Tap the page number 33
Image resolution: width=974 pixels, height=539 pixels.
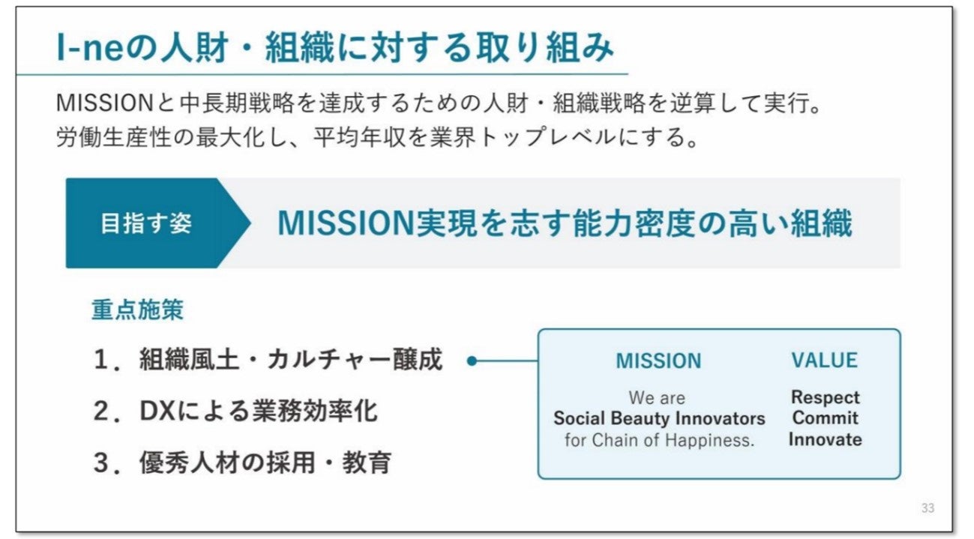click(928, 508)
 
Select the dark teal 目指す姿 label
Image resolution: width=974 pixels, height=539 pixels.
click(146, 224)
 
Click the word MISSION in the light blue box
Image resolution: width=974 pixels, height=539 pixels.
click(658, 361)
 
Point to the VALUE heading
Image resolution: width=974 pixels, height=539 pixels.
click(824, 361)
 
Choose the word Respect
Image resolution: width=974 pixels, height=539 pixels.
click(825, 397)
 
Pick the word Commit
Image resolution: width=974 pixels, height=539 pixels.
click(825, 418)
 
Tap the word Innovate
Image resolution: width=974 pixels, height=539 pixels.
click(825, 439)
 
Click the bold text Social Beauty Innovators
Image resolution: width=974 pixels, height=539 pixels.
click(658, 418)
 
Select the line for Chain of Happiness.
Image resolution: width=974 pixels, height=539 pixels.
click(658, 439)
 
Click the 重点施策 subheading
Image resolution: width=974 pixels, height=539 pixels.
click(137, 310)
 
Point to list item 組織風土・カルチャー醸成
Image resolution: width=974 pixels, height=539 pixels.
click(291, 361)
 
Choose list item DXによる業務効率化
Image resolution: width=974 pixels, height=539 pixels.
click(258, 411)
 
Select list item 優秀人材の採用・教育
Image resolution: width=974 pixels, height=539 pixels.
click(265, 463)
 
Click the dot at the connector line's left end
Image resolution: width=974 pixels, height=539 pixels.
click(472, 361)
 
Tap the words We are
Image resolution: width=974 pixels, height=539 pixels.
click(657, 397)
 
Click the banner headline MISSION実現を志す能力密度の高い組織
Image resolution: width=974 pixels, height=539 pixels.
click(564, 224)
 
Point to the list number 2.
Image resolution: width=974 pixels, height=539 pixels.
click(102, 412)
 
